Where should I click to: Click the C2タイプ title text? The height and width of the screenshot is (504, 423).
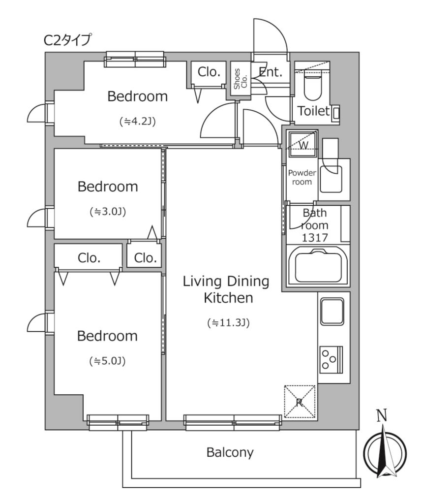pos(67,40)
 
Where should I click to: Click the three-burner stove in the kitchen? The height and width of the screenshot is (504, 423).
pos(331,360)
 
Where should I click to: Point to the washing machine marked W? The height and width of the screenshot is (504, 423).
pos(303,144)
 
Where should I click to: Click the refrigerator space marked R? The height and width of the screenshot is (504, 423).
pos(300,402)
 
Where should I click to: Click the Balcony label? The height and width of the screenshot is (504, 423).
pos(230,453)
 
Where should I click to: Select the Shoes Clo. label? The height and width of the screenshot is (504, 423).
pos(240,79)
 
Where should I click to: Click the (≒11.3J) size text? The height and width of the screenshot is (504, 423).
pos(228,322)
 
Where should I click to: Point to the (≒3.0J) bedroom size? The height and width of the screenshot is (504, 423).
pos(108,212)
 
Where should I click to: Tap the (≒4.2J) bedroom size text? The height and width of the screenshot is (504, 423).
pos(137,121)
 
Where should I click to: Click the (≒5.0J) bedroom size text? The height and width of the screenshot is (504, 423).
pos(107,361)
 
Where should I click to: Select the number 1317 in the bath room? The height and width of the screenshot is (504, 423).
pos(315,238)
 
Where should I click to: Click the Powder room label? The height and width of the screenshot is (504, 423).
pos(302,177)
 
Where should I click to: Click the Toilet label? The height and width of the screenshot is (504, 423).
pos(314,111)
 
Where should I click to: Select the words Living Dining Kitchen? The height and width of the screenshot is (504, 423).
pos(226,289)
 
